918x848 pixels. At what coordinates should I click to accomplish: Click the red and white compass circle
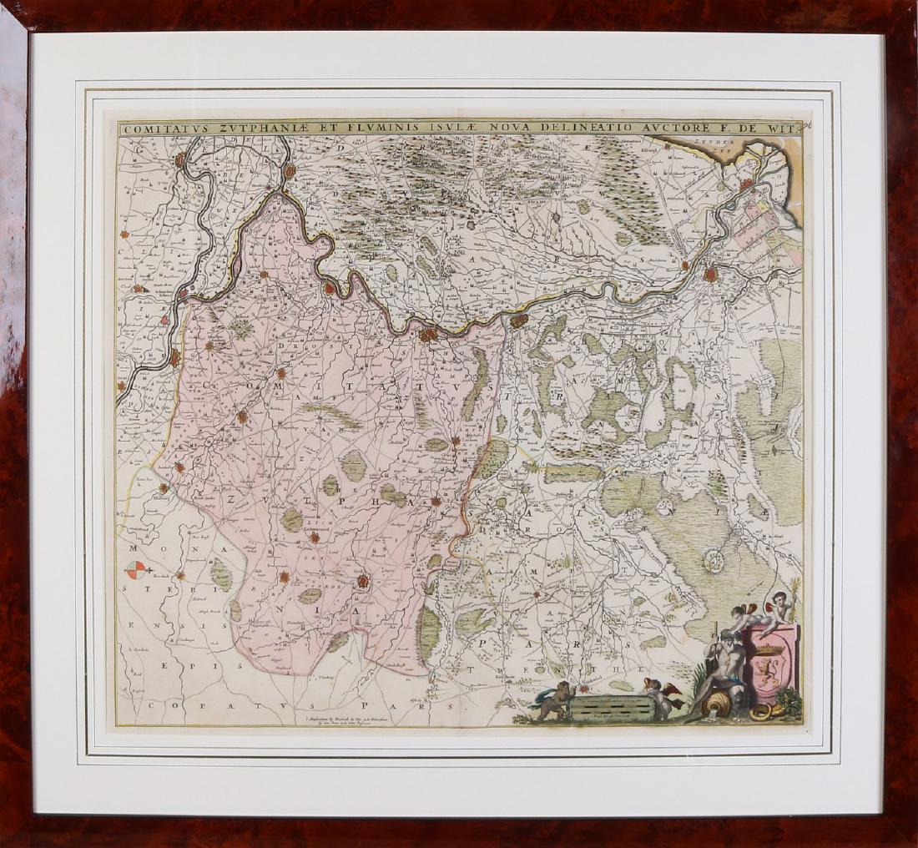pyautogui.click(x=135, y=571)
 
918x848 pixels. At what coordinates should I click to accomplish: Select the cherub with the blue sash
pyautogui.click(x=552, y=699)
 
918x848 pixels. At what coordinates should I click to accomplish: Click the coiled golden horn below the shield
pyautogui.click(x=761, y=712)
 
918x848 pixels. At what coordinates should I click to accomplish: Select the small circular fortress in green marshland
pyautogui.click(x=714, y=560)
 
